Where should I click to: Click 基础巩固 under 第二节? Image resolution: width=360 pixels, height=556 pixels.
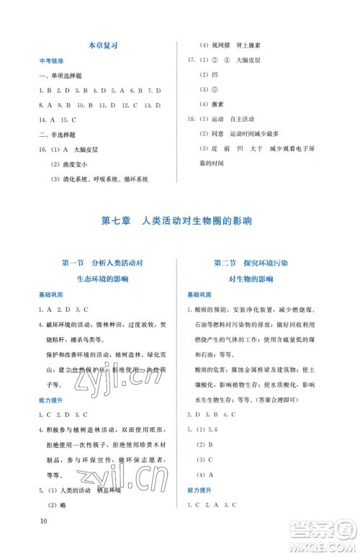(199, 295)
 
